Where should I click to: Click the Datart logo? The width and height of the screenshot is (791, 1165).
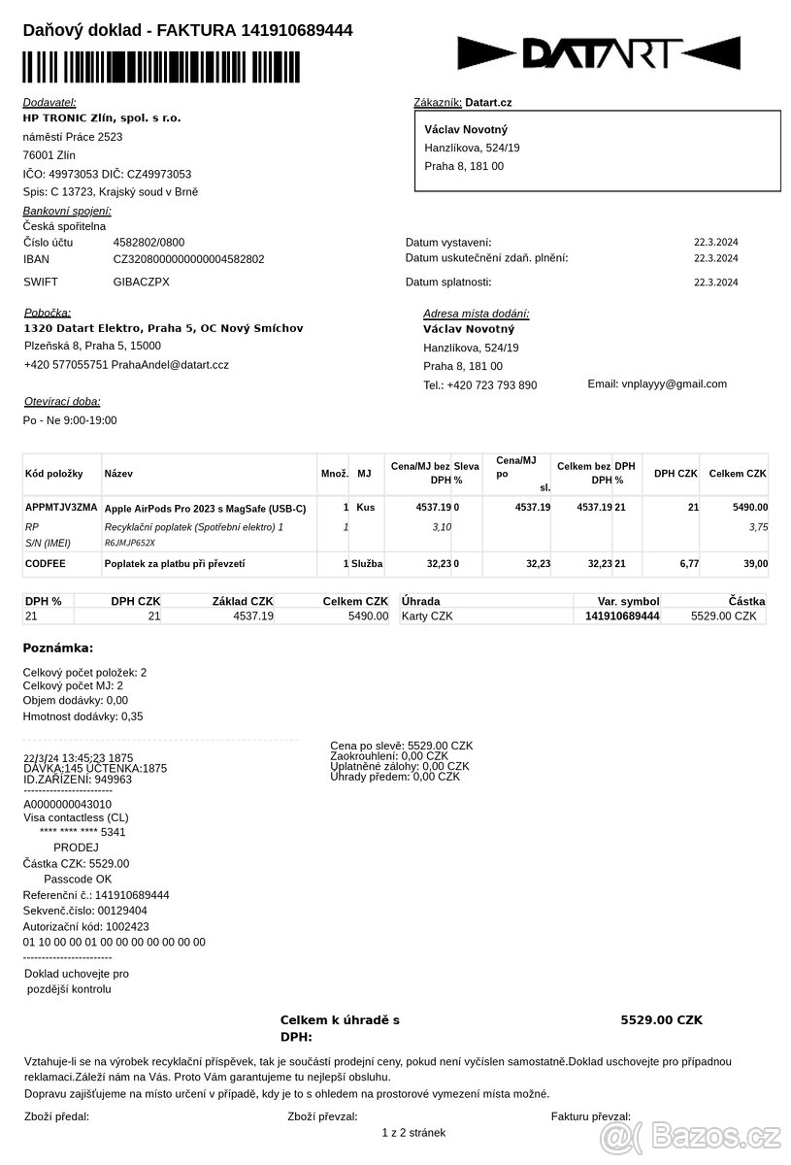[599, 52]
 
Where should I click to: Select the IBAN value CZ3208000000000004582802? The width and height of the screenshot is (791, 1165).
[188, 259]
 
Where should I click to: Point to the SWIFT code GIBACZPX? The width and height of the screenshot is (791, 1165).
[142, 282]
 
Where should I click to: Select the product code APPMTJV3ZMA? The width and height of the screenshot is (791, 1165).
[61, 507]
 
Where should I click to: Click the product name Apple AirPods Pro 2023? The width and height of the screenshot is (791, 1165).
[205, 508]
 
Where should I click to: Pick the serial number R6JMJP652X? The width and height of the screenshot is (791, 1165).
[130, 543]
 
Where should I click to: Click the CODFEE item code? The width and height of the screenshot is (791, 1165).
[45, 563]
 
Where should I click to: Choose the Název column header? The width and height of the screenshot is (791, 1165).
[118, 474]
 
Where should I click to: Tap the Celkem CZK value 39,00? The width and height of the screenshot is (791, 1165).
[752, 563]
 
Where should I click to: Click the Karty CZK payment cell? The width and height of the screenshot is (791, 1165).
[427, 616]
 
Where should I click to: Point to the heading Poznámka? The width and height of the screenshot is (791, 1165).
[58, 649]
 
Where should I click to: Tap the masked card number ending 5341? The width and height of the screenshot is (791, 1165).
[82, 832]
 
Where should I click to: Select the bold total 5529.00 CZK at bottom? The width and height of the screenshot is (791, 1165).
[661, 1020]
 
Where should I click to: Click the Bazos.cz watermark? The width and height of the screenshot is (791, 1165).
[691, 1134]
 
